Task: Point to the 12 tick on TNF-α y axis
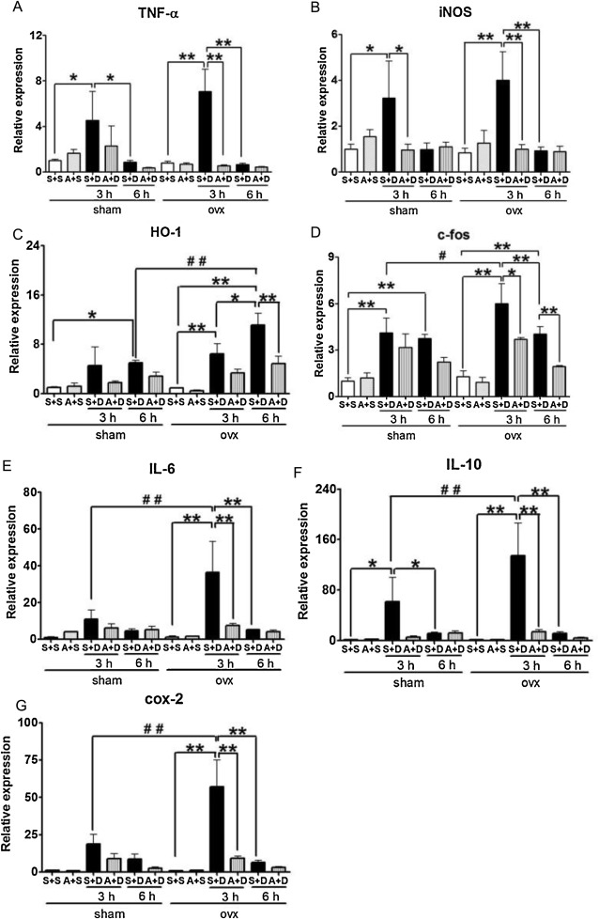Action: pos(38,36)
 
